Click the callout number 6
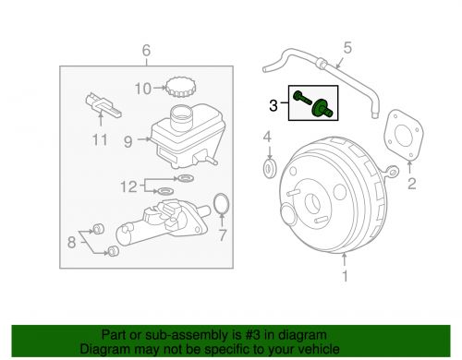[144, 49]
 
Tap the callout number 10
[142, 90]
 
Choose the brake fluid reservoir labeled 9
[180, 138]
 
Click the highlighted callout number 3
[274, 106]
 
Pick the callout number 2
[411, 184]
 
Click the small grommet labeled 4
[268, 169]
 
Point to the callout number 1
[346, 275]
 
